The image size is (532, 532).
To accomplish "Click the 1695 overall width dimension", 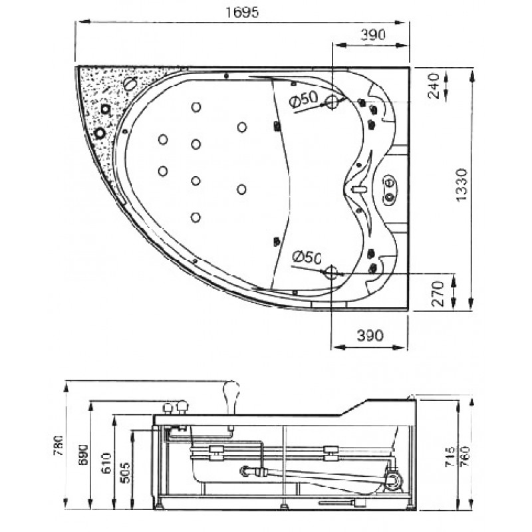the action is [x=242, y=13].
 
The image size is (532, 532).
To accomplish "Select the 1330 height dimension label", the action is [x=462, y=185].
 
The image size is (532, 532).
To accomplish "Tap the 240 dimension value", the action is [x=434, y=86].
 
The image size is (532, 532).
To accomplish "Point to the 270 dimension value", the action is [x=438, y=294].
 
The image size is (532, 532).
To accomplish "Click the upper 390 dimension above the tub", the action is [x=373, y=35].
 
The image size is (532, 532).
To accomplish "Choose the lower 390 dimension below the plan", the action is [x=370, y=336].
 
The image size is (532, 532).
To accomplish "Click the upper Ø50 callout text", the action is [x=304, y=99].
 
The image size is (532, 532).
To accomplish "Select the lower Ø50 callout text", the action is [x=307, y=258].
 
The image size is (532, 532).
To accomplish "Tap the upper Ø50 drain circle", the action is [x=332, y=102].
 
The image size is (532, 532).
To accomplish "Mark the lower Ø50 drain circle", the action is [x=331, y=272].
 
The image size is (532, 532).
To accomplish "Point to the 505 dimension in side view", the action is [x=125, y=472].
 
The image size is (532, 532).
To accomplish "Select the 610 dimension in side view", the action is [x=106, y=463].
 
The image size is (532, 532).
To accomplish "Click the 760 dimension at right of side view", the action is [x=464, y=456].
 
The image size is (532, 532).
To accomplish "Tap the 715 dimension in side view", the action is [x=450, y=456].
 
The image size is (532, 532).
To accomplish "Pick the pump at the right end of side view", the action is [x=394, y=480].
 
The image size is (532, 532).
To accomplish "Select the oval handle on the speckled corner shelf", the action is [x=130, y=84].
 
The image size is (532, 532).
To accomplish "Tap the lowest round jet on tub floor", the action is [x=196, y=217].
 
